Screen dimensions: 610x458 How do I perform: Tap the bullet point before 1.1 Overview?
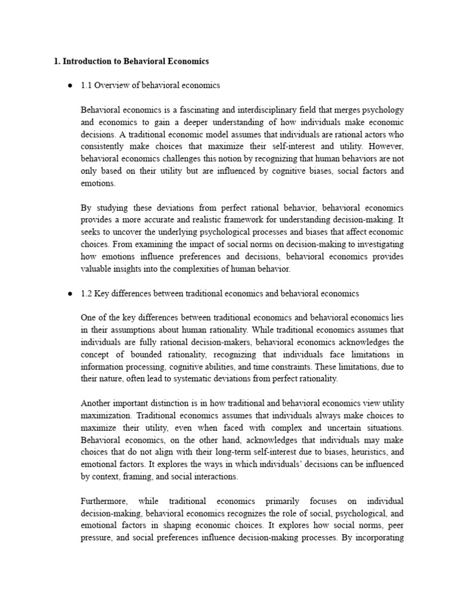(x=70, y=86)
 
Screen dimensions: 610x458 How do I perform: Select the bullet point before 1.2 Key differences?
(x=70, y=294)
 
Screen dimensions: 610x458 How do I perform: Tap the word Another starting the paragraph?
(x=98, y=403)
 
